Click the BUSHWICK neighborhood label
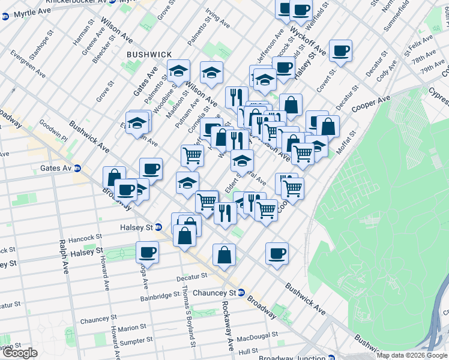pyautogui.click(x=148, y=55)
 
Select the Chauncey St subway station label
pyautogui.click(x=222, y=293)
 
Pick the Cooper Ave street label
pyautogui.click(x=372, y=103)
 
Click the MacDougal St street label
pyautogui.click(x=257, y=336)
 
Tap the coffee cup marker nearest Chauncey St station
pyautogui.click(x=277, y=253)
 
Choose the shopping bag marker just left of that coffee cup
pyautogui.click(x=224, y=254)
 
